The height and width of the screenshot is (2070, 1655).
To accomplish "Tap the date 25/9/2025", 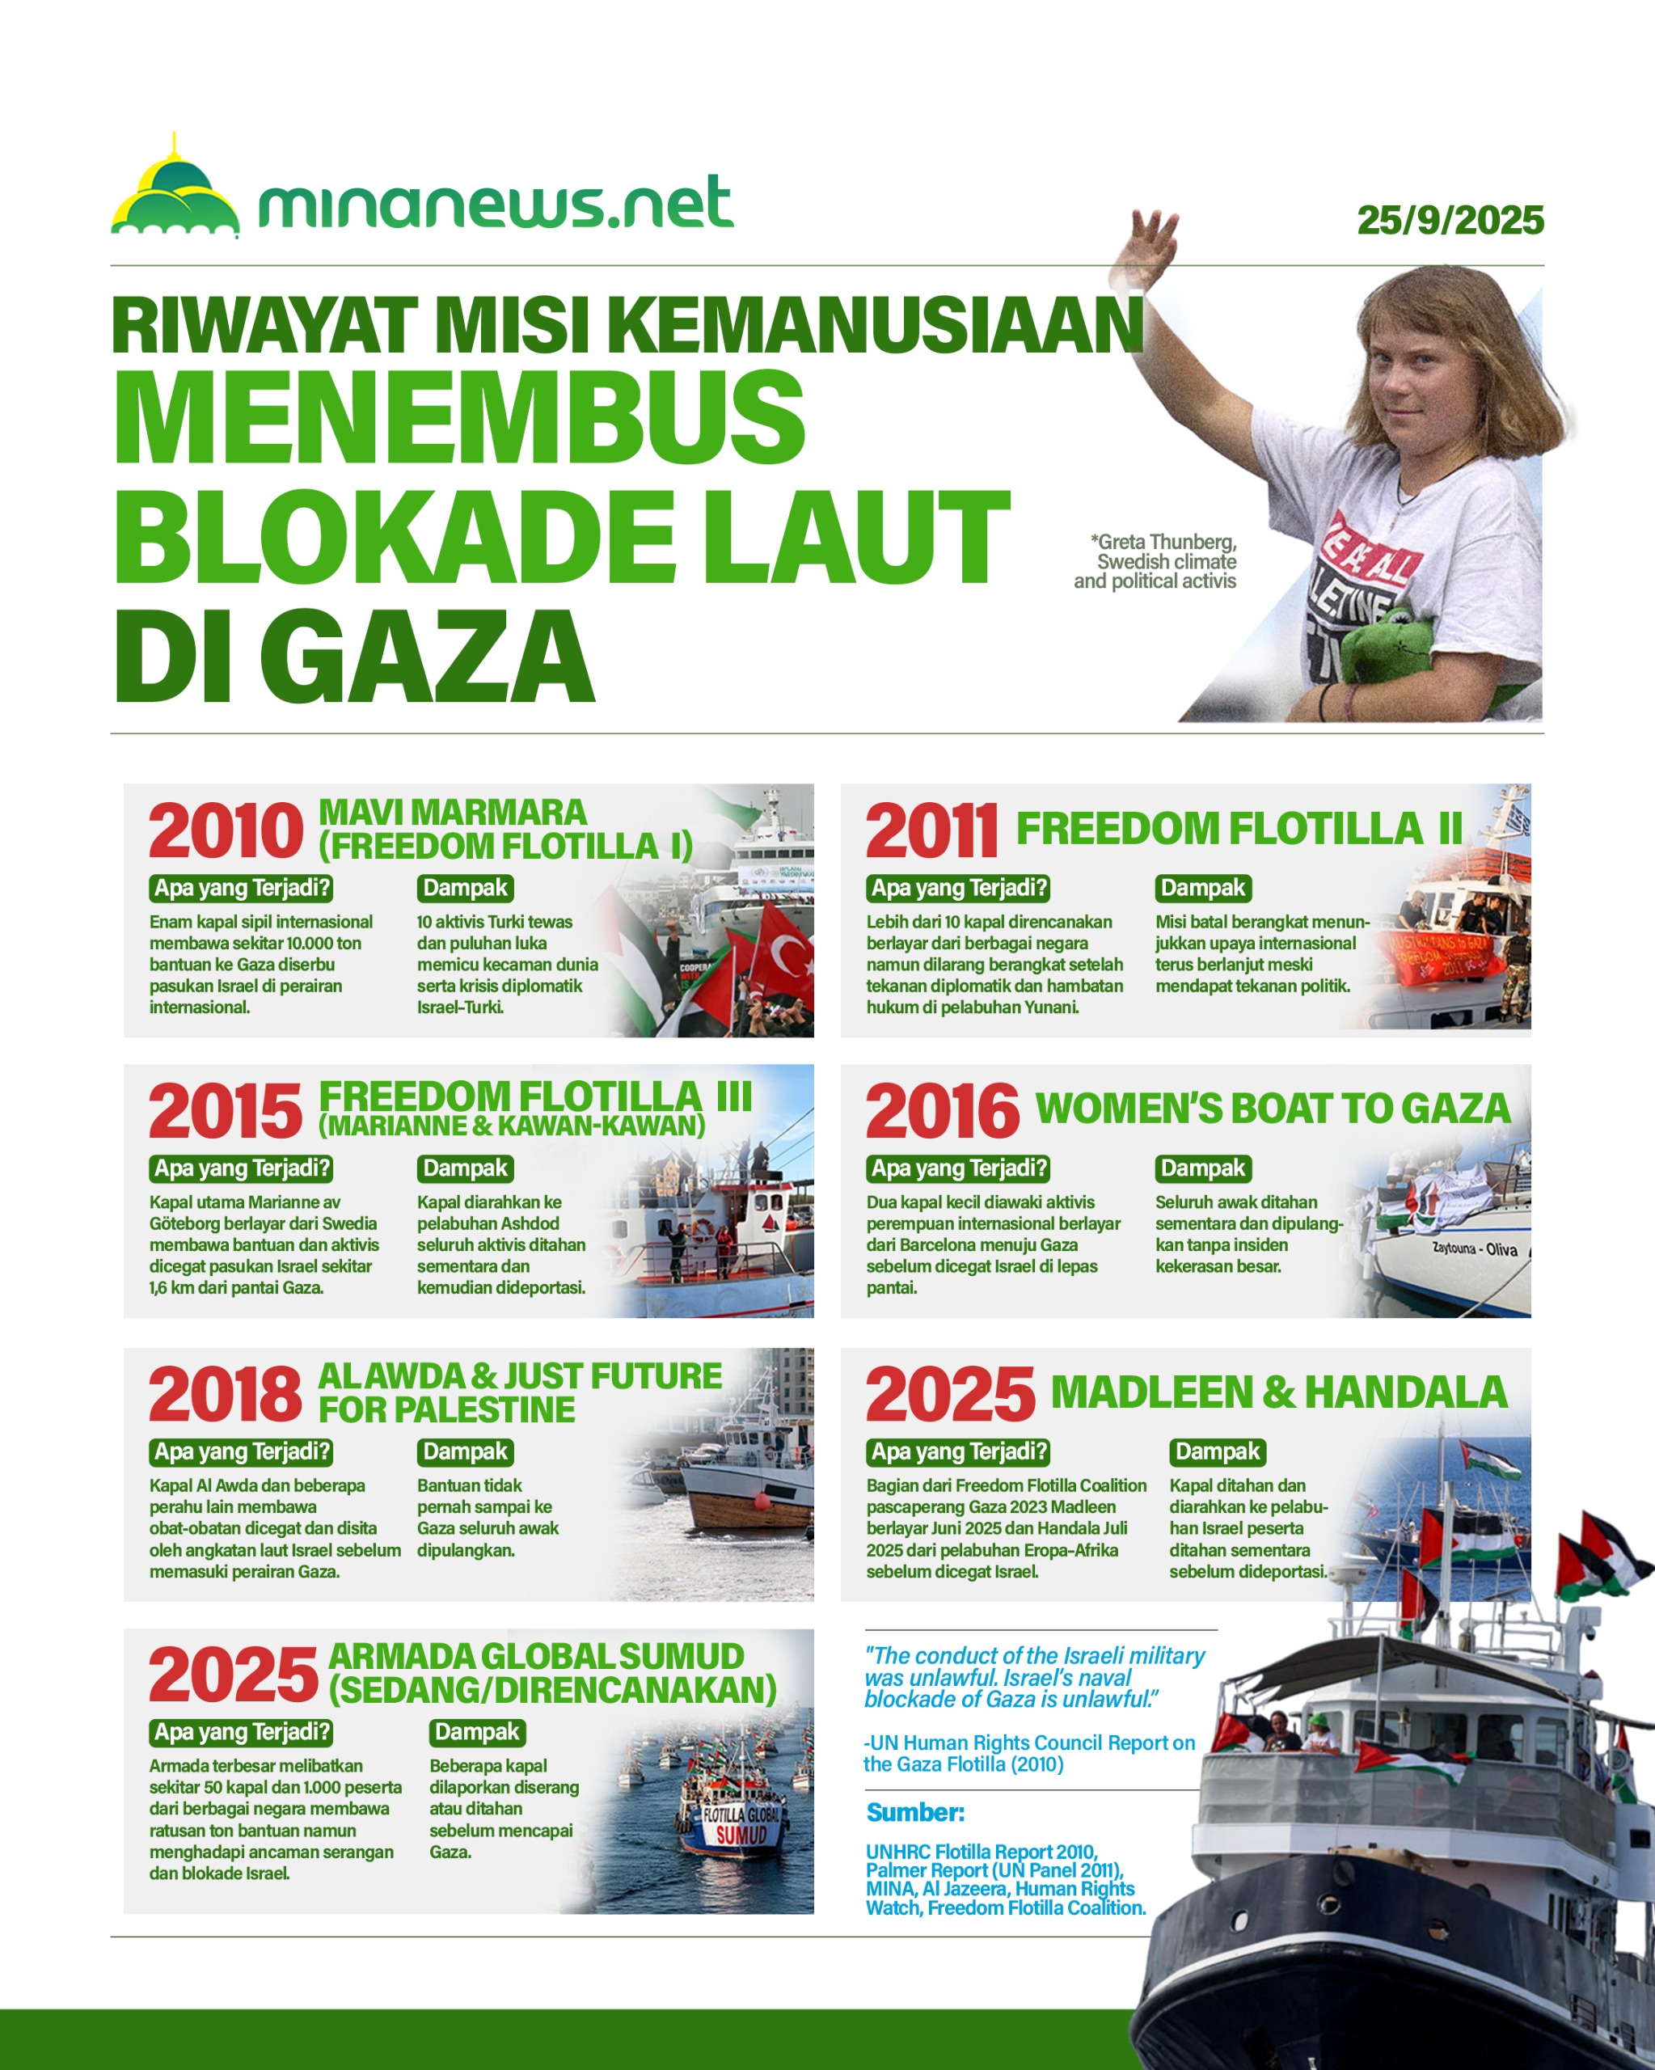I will (1450, 221).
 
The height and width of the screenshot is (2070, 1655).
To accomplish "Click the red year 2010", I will (226, 831).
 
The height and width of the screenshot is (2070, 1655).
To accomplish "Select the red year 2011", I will (931, 831).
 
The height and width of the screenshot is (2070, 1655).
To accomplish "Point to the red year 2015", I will (226, 1112).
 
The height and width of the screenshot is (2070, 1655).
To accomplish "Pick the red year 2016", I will (942, 1112).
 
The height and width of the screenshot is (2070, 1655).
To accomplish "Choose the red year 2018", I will (226, 1394).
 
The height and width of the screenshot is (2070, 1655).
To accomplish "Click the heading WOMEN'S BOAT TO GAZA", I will (1272, 1109).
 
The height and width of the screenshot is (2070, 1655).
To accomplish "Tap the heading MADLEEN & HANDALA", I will (1279, 1392).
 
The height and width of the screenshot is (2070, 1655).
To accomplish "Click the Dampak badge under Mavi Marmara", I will (466, 888).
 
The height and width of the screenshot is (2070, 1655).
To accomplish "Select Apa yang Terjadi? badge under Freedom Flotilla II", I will (958, 888).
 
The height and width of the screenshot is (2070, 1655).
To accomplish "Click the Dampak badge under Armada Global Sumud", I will (477, 1732).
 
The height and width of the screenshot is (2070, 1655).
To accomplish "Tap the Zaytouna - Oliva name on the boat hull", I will (1475, 1249).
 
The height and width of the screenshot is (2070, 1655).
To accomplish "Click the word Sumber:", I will (915, 1813).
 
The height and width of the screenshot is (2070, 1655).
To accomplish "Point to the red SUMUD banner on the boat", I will (741, 1836).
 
